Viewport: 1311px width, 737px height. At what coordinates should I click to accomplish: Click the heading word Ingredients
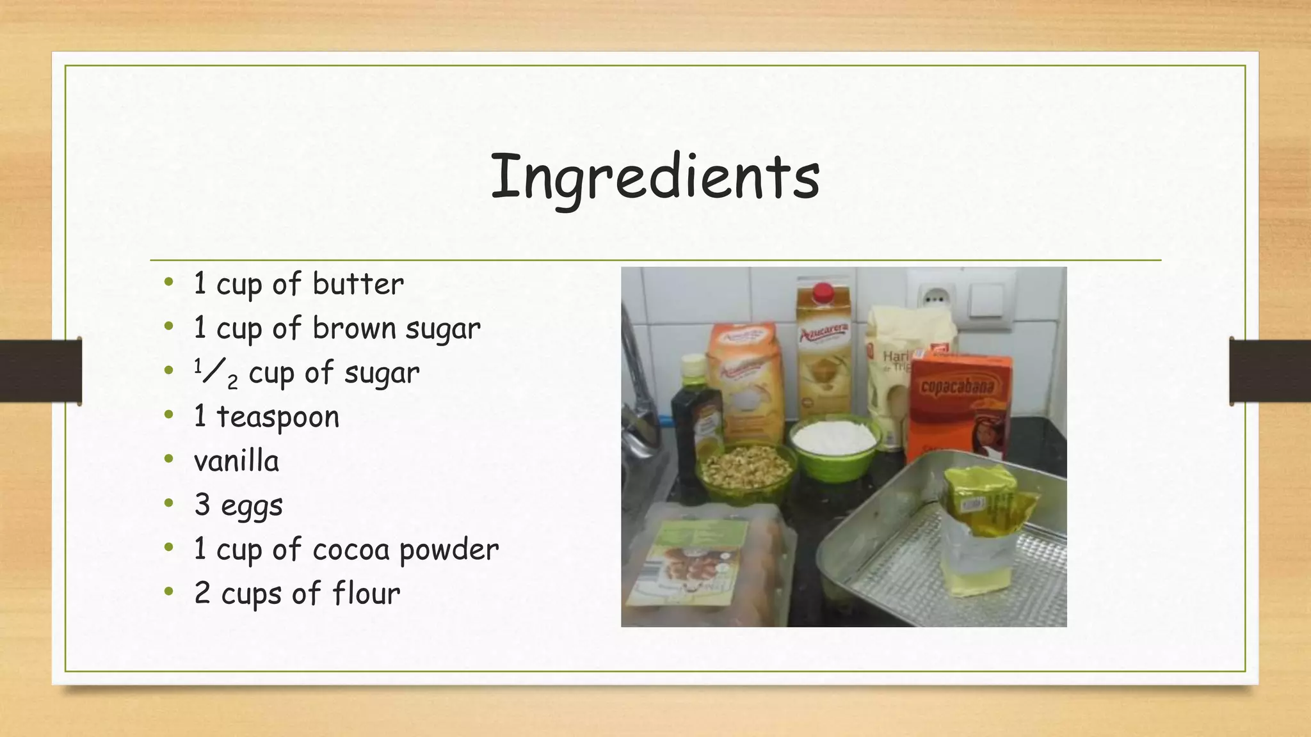(x=655, y=177)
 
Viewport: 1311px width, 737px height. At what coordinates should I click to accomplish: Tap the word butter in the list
(x=358, y=284)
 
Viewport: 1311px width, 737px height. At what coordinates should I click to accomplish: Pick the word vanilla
(x=236, y=461)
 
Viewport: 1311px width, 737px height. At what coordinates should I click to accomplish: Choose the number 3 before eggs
(x=202, y=505)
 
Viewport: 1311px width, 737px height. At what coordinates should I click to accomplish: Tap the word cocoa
(x=350, y=550)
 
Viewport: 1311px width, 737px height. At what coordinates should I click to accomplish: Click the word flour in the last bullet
(x=366, y=594)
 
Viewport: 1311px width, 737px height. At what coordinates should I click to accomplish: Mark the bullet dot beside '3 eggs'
(x=169, y=503)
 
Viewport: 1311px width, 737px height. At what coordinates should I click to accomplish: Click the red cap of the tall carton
(x=823, y=292)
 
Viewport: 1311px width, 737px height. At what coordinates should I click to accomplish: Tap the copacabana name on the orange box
(x=957, y=386)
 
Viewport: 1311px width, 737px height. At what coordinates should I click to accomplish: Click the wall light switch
(x=986, y=298)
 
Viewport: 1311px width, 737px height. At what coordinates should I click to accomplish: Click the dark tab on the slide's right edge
(x=1269, y=371)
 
